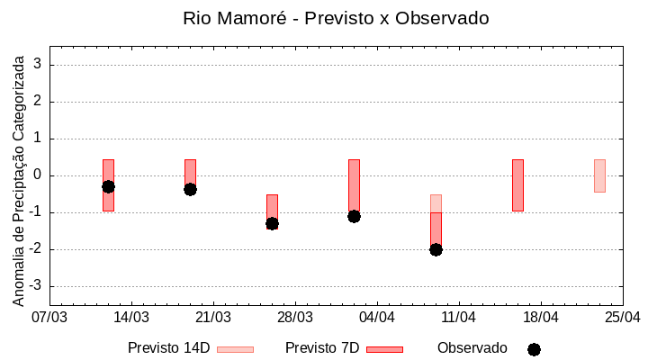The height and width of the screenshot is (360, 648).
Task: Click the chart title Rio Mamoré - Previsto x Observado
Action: pos(336,18)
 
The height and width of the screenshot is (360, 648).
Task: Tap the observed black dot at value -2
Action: pos(436,249)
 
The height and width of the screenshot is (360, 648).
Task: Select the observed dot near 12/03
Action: pos(108,186)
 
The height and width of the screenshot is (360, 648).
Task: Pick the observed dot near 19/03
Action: pos(190,189)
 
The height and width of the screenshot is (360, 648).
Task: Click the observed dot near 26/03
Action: pos(272,223)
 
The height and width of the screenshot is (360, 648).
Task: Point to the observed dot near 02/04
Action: pos(354,216)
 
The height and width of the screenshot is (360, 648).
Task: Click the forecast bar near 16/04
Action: pos(517,185)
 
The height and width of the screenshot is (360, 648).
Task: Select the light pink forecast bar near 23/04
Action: pos(599,175)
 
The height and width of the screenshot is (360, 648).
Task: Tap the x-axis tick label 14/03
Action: pos(131,318)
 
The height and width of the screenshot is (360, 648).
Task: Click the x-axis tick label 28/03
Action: pos(295,318)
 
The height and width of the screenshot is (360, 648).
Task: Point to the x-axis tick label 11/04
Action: pos(459,318)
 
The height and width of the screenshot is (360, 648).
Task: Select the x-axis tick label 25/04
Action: pos(622,318)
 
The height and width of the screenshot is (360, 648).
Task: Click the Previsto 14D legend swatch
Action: pos(235,349)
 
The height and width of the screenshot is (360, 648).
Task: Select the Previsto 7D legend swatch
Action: pos(384,349)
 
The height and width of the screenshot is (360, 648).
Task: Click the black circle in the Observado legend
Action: pos(534,349)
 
